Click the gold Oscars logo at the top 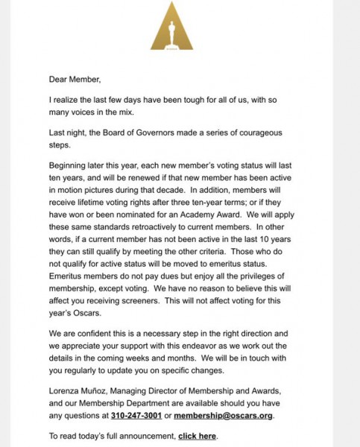171,29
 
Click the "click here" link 198,435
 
